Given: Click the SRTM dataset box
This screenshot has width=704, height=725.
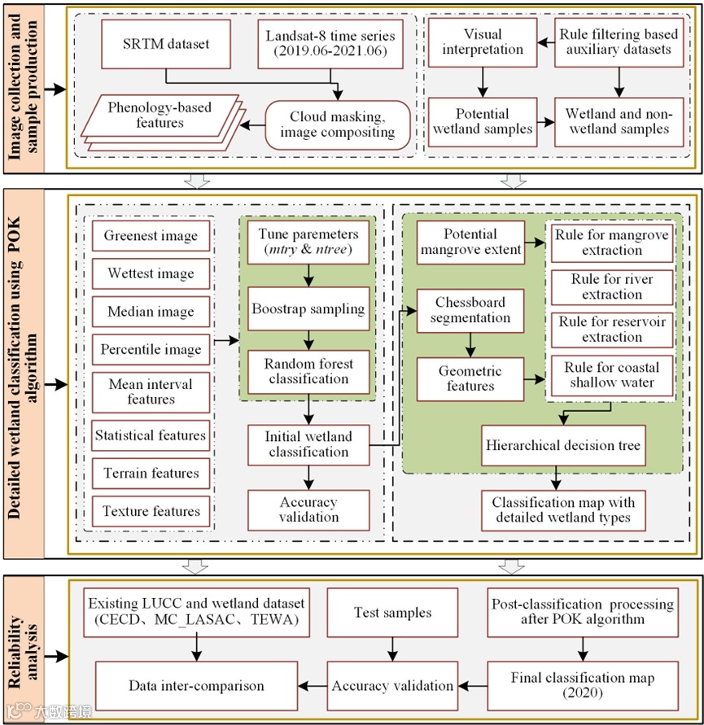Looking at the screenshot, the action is coord(165,44).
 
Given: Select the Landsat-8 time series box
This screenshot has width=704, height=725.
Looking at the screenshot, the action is coord(330,44).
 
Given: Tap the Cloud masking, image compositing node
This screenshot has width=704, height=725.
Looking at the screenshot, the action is coord(338,124).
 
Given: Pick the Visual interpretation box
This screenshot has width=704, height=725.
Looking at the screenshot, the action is coord(483,42).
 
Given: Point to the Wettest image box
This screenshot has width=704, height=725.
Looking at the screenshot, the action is coord(151,273).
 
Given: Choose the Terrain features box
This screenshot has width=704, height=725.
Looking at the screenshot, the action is coord(151,474).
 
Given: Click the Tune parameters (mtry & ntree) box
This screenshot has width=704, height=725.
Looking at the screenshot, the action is coord(308,242).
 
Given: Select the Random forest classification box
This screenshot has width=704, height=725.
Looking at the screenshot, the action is coord(308,372).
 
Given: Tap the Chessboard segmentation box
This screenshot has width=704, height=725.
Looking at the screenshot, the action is coord(470,311).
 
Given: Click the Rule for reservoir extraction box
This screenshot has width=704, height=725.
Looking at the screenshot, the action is coord(612,330).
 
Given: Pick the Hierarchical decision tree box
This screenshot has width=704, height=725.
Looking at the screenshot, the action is coord(563,445).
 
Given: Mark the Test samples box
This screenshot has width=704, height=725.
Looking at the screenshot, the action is coord(393,613).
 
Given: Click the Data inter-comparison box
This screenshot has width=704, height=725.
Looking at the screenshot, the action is coord(197,686).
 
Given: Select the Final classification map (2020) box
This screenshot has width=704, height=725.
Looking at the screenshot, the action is coord(583,686).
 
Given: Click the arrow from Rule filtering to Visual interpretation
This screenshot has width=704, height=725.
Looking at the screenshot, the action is coord(546,43).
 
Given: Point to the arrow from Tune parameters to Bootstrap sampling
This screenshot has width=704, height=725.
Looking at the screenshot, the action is coord(308,276).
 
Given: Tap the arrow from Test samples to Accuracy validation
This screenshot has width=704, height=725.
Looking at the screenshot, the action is coord(393,649).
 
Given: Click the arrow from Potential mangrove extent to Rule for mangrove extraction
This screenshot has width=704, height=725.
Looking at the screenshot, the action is coord(535,242).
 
